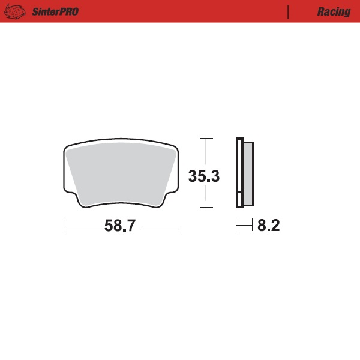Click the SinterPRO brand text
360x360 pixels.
[54, 11]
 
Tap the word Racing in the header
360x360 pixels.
[334, 11]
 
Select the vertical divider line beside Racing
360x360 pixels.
[289, 11]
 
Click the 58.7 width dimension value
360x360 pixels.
[121, 226]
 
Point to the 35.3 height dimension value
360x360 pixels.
[204, 176]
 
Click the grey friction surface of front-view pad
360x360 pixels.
[120, 174]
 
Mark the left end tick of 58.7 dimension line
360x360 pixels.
[64, 226]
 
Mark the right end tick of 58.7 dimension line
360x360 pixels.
[178, 226]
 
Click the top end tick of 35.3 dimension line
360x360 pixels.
[206, 139]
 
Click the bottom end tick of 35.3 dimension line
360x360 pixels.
[206, 208]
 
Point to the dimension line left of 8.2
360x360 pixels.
[243, 226]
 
